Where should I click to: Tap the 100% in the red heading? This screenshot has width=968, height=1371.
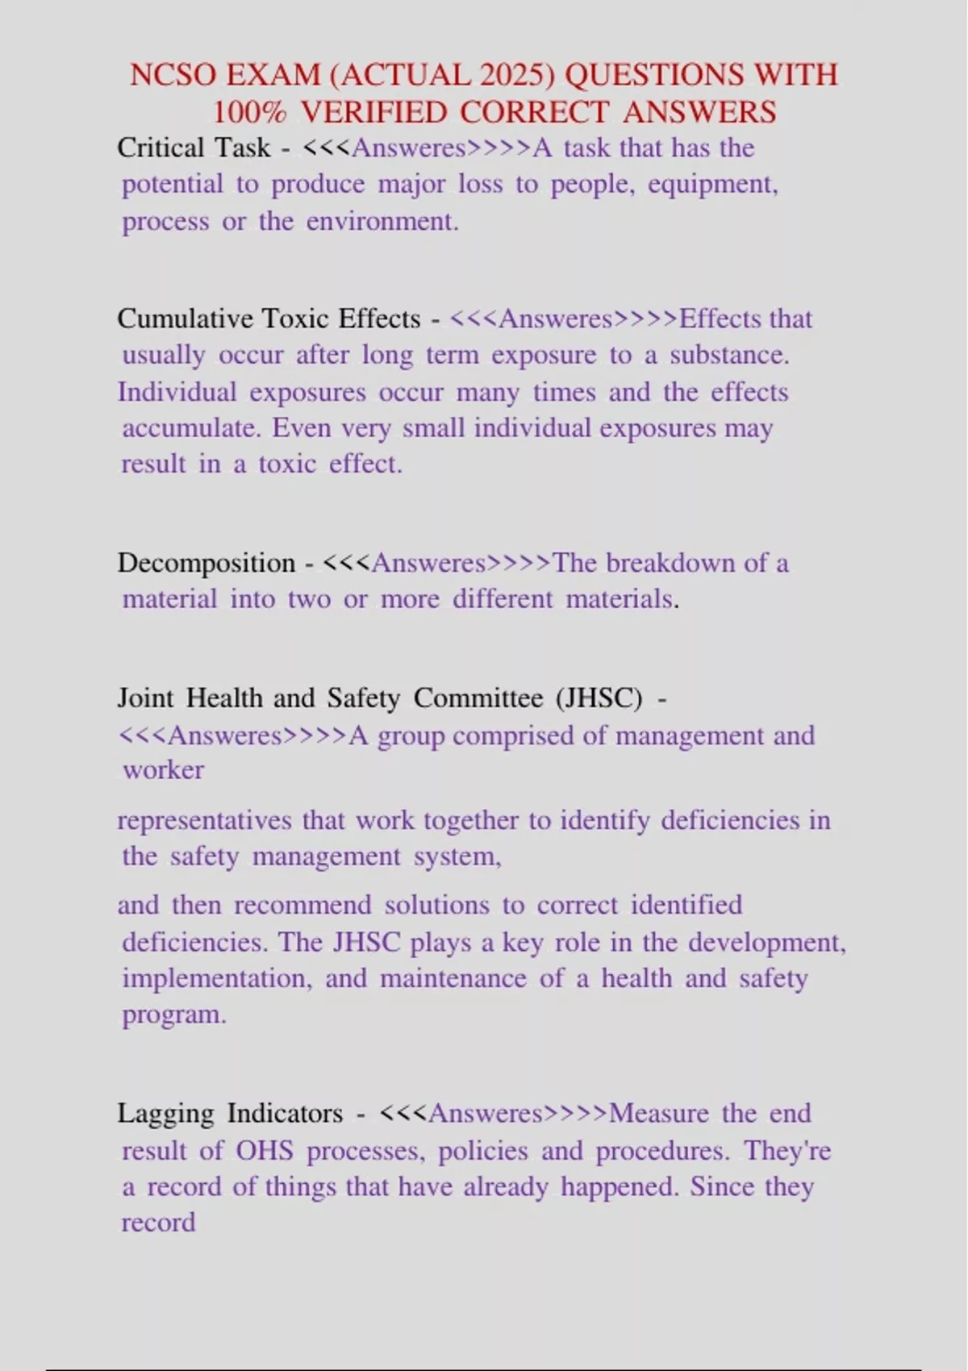pyautogui.click(x=250, y=112)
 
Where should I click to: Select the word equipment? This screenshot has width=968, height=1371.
pyautogui.click(x=713, y=185)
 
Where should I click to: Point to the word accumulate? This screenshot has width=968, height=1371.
pyautogui.click(x=192, y=427)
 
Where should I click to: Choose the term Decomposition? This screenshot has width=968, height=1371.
pyautogui.click(x=207, y=562)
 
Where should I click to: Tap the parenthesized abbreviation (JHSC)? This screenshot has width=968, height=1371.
pyautogui.click(x=599, y=698)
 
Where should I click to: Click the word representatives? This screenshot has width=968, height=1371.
pyautogui.click(x=205, y=820)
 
